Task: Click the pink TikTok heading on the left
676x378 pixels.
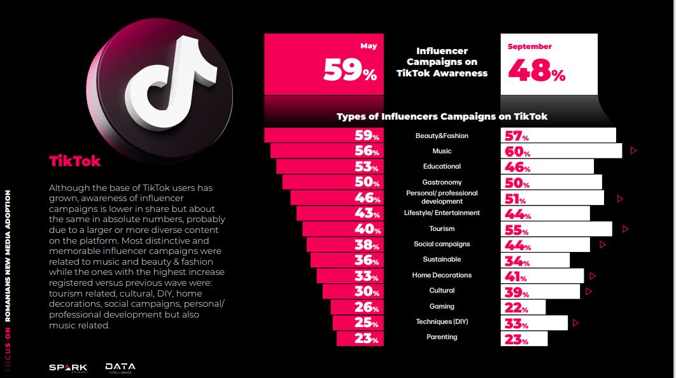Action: [x=75, y=161]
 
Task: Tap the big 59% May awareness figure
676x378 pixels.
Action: [x=349, y=70]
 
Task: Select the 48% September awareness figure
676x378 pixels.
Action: [x=536, y=71]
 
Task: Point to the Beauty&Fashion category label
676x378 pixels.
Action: [x=442, y=136]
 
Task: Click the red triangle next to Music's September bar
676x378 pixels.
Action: [x=633, y=151]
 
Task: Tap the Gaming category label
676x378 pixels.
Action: [x=442, y=306]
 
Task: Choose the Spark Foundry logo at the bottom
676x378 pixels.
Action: [x=68, y=367]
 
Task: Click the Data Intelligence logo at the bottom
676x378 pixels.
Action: [x=120, y=367]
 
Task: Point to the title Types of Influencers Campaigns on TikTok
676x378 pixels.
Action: [x=442, y=116]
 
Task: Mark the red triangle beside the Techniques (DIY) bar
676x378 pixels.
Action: [x=576, y=323]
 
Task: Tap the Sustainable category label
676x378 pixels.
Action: [x=442, y=259]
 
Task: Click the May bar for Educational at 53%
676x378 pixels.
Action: [x=330, y=167]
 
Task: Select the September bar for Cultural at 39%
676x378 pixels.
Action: [x=540, y=291]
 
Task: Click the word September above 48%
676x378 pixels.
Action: [x=530, y=46]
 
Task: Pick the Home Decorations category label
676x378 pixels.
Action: [x=442, y=275]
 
